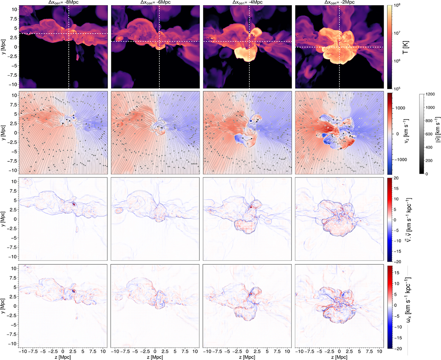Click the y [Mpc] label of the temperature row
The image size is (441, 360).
pyautogui.click(x=4, y=47)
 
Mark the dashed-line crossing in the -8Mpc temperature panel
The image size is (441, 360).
pyautogui.click(x=69, y=34)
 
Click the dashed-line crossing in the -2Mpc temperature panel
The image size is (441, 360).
pyautogui.click(x=339, y=47)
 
